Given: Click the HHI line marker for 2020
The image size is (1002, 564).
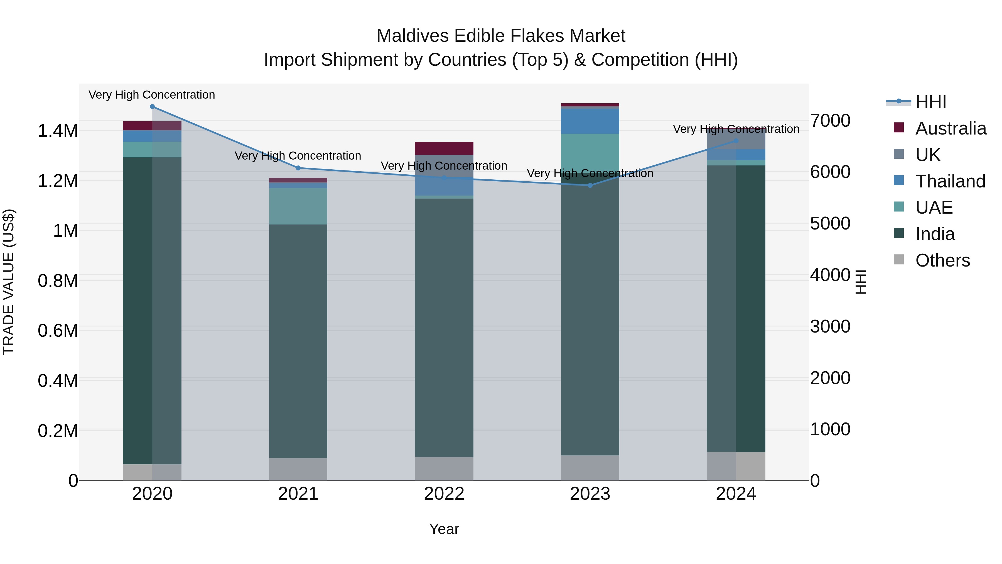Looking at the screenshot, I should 152,107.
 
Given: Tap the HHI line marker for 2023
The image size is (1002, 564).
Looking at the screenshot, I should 590,185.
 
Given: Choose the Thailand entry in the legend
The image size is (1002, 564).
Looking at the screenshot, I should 950,181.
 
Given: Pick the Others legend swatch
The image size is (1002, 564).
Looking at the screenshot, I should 899,260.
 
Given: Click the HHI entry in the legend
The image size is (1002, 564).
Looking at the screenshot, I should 930,102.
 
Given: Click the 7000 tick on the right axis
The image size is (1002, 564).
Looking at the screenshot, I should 830,121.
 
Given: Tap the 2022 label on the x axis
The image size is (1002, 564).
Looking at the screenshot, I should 444,494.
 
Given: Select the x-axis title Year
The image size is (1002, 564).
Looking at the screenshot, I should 444,529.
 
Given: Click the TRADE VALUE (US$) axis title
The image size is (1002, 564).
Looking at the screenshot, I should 9,282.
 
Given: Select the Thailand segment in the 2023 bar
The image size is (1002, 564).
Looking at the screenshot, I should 590,121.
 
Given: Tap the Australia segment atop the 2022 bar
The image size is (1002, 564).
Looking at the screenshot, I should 444,148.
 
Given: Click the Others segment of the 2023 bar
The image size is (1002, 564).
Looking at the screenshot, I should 590,468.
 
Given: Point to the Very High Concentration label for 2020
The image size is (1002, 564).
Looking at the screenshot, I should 152,95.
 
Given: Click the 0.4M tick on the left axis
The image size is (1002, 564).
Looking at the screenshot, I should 58,381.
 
